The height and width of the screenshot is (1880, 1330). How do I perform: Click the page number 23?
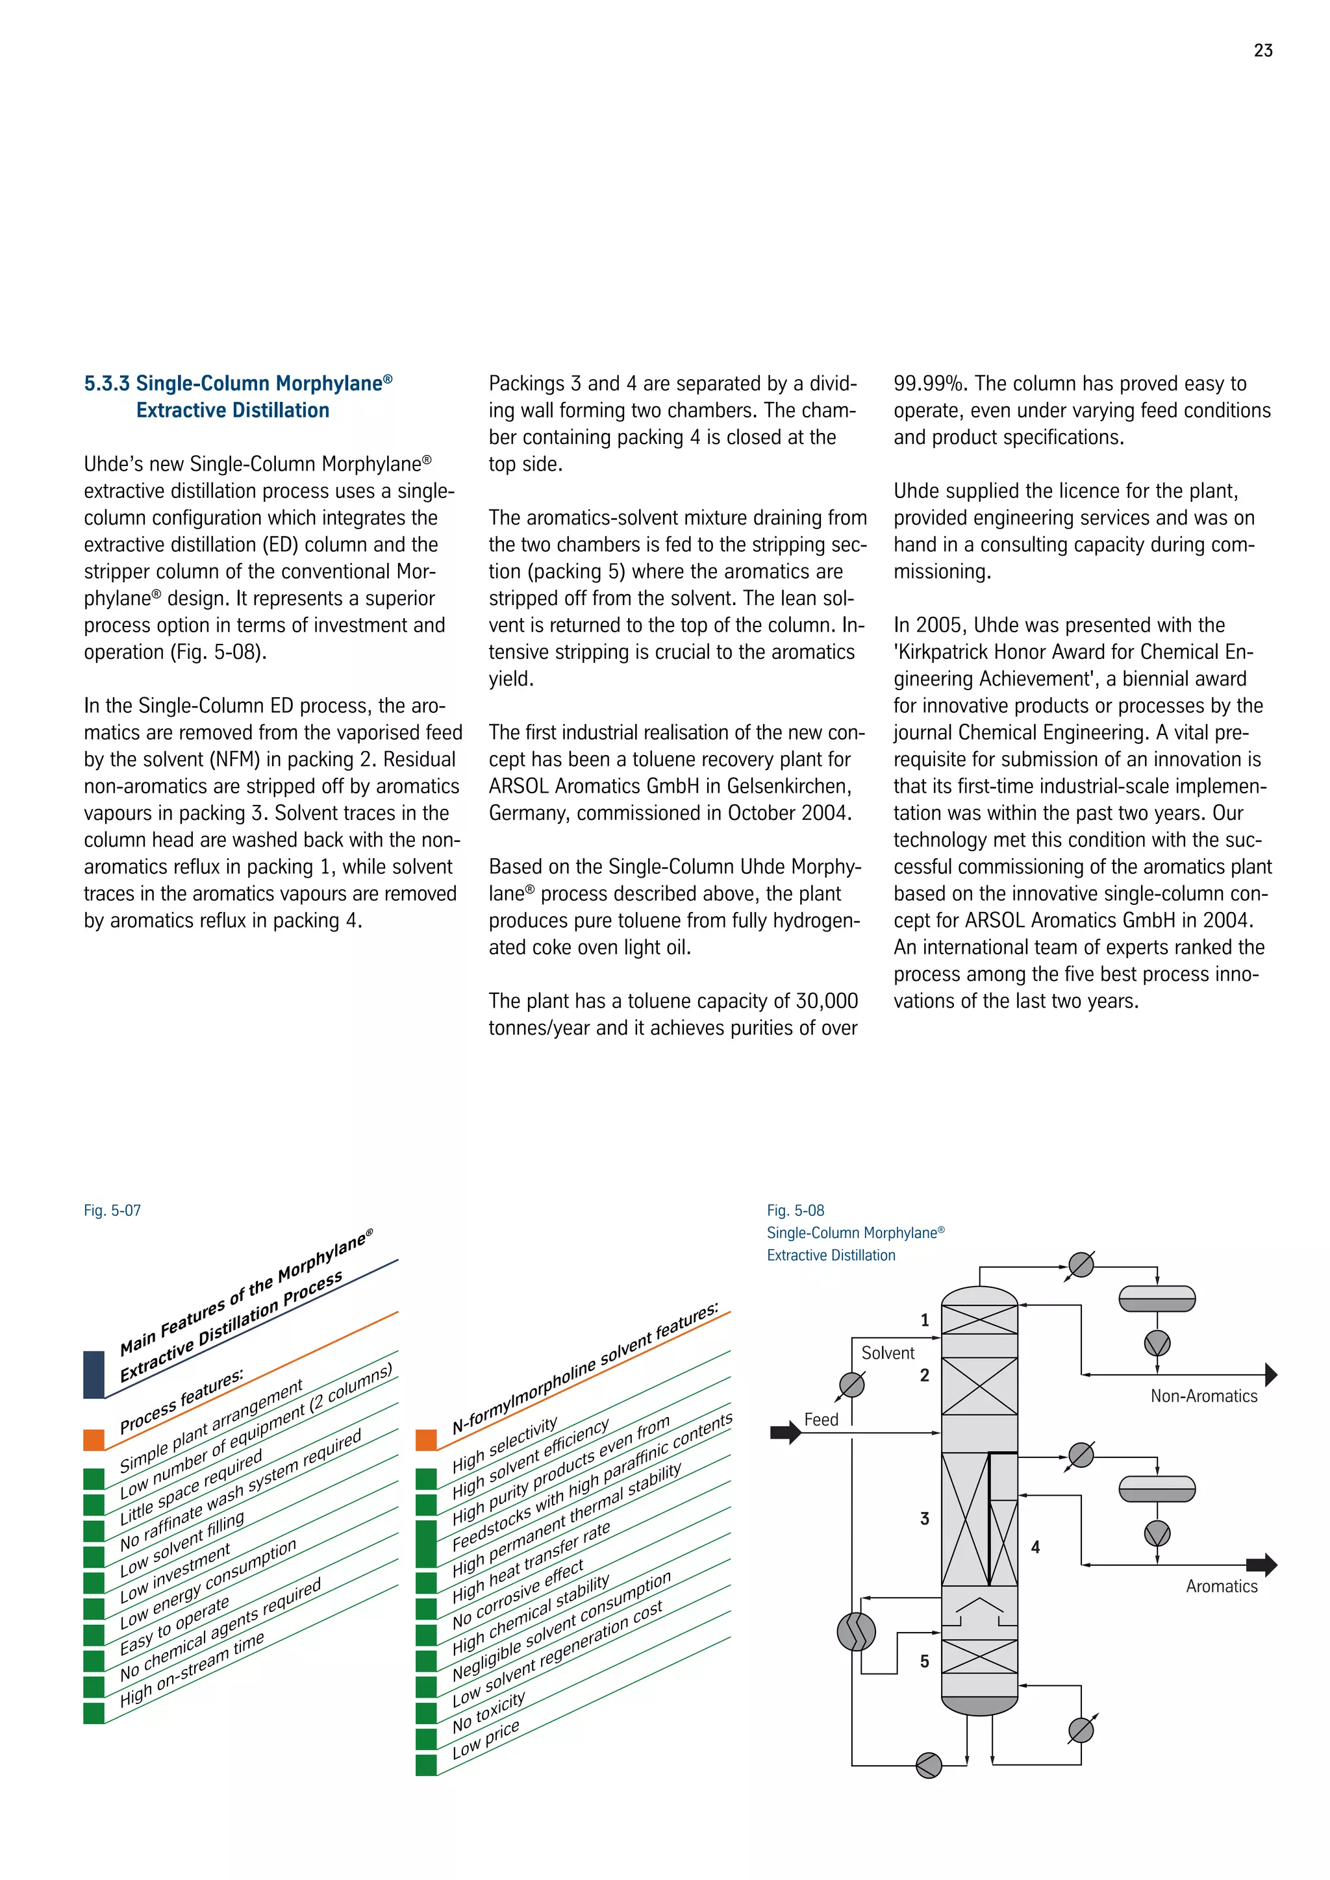coord(1263,51)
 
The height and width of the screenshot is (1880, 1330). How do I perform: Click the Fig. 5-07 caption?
coord(112,1210)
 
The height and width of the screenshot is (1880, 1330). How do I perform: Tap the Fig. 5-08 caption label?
coord(796,1210)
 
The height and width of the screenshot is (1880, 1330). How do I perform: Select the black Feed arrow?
coord(784,1433)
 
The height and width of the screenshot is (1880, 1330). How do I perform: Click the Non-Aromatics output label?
coord(1203,1396)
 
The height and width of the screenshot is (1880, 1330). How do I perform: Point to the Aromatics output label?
coord(1221,1586)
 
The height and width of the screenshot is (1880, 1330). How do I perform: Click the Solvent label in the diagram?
coord(887,1354)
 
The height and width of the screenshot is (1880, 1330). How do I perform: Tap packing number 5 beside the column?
coord(925,1661)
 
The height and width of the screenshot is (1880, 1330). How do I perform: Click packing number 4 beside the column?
coord(1035,1547)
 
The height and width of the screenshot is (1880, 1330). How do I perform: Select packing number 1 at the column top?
coord(925,1320)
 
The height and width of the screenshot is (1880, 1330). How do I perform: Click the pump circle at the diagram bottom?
coord(929,1764)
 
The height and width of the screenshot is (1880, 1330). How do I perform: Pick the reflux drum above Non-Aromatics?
coord(1157,1298)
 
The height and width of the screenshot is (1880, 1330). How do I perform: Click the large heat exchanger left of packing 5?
coord(856,1631)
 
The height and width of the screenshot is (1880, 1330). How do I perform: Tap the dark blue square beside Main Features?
coord(94,1375)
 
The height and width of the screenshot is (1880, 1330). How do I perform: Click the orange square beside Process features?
coord(94,1439)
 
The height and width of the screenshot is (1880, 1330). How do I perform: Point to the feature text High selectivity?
coord(505,1444)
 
